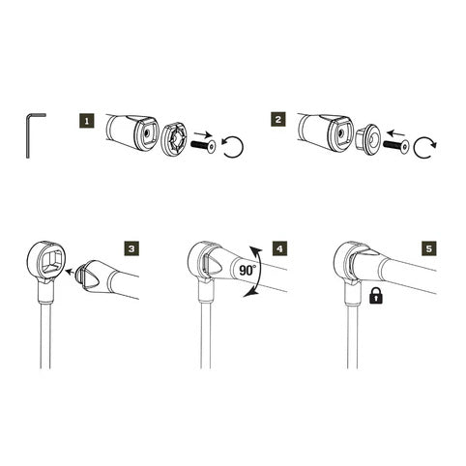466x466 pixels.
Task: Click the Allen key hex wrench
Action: (28, 135)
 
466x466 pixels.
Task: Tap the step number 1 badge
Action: (87, 121)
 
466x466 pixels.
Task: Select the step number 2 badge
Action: (278, 119)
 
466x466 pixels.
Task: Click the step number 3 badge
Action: (131, 248)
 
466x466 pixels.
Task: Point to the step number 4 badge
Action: (279, 248)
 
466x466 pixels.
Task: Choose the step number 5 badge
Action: (429, 248)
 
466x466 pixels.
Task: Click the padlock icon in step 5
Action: (376, 295)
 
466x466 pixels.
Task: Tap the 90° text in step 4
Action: (248, 270)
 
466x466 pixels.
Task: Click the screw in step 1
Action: (203, 147)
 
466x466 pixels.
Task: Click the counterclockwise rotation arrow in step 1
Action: (233, 147)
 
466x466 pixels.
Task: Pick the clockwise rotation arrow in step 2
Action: (424, 147)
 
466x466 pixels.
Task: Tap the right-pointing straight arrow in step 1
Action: (203, 132)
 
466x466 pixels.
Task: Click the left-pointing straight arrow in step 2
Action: (395, 132)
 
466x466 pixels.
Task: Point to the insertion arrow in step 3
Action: (72, 272)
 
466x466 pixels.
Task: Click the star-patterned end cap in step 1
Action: (174, 140)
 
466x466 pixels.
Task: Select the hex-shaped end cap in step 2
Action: (368, 139)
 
